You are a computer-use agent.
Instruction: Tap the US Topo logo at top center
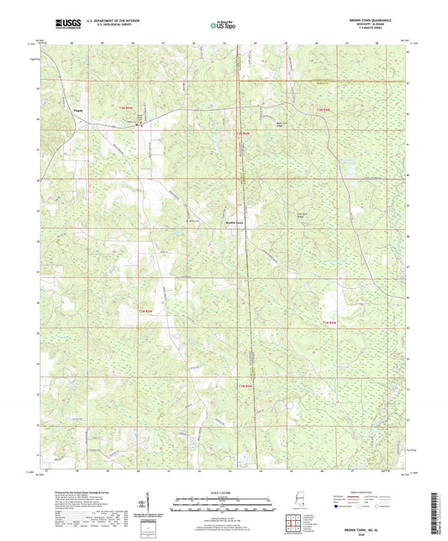pos(224,25)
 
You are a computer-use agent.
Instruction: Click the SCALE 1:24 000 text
pos(224,492)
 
